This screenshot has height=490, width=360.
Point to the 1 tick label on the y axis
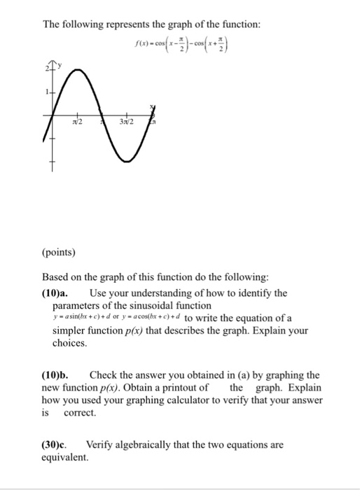pos(46,92)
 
